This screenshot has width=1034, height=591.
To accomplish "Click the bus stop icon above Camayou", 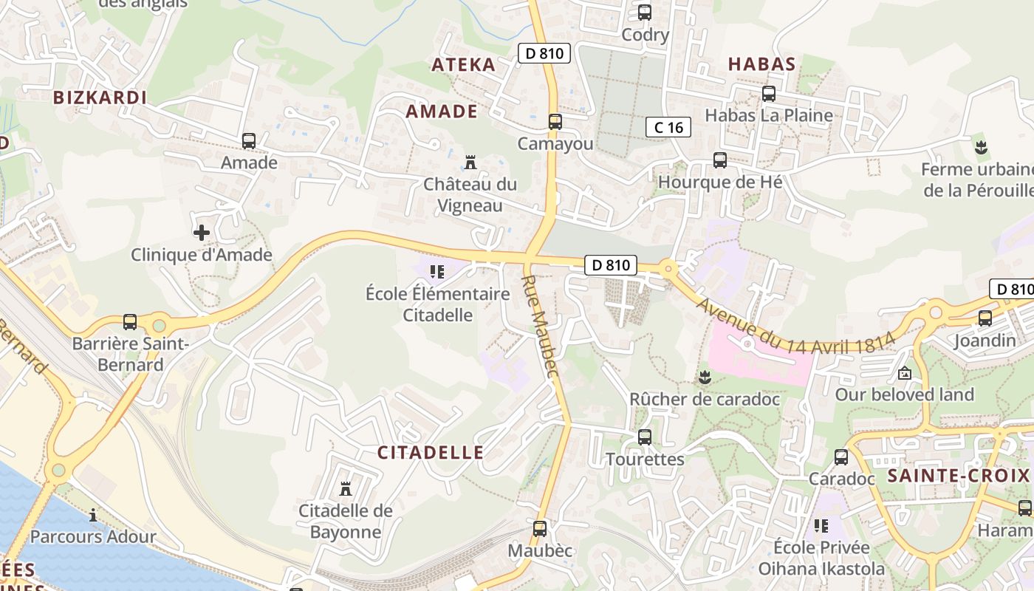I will [x=555, y=122].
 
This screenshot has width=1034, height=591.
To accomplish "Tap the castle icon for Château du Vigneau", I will [x=470, y=163].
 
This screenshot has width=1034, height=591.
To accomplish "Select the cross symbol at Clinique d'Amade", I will [x=201, y=233].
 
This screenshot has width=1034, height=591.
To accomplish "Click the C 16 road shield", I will [x=668, y=127].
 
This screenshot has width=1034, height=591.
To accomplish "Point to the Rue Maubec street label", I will [x=539, y=326].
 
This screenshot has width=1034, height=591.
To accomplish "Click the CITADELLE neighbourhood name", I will [x=431, y=453].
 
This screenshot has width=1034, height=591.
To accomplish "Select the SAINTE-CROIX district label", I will [x=958, y=476].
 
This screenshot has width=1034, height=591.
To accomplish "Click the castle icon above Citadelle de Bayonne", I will [x=345, y=488].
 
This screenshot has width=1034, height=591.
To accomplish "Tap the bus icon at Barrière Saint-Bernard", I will [x=130, y=322].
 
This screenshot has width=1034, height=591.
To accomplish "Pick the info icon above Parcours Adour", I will [x=93, y=515].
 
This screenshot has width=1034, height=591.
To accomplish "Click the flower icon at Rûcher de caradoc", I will [x=705, y=378].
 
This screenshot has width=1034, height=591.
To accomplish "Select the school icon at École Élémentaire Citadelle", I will [x=436, y=272].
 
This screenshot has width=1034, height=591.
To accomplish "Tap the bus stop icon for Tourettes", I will [x=645, y=437].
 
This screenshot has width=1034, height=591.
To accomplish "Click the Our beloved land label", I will [x=904, y=394].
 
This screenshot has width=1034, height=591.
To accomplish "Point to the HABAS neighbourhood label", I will [x=761, y=64].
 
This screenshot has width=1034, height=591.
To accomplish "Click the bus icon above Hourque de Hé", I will [x=719, y=160].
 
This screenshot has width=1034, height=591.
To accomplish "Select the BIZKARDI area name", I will [x=100, y=98].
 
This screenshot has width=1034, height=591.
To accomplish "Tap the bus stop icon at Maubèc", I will [x=540, y=529].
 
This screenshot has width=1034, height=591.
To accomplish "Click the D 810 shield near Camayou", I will [x=545, y=53].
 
